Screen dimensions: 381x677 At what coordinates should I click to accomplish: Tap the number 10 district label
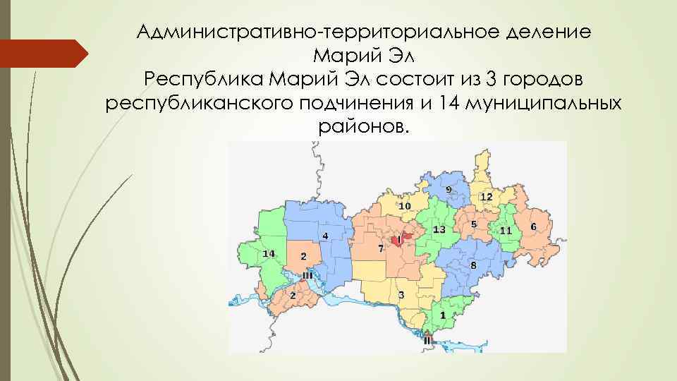405,206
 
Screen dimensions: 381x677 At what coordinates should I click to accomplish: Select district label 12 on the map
486,196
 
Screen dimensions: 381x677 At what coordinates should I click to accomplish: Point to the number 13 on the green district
439,230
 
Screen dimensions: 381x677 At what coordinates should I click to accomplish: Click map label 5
474,224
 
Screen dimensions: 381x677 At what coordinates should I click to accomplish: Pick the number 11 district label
506,231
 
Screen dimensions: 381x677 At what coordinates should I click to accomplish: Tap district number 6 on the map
533,226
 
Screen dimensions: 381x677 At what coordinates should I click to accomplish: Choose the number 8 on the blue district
473,265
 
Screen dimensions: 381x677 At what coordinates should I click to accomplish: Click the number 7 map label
380,249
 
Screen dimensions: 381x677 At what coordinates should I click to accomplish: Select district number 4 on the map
324,235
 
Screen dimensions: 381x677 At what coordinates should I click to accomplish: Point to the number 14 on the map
268,253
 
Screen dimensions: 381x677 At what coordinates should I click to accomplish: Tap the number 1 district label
442,315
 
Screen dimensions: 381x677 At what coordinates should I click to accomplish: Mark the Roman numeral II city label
427,340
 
